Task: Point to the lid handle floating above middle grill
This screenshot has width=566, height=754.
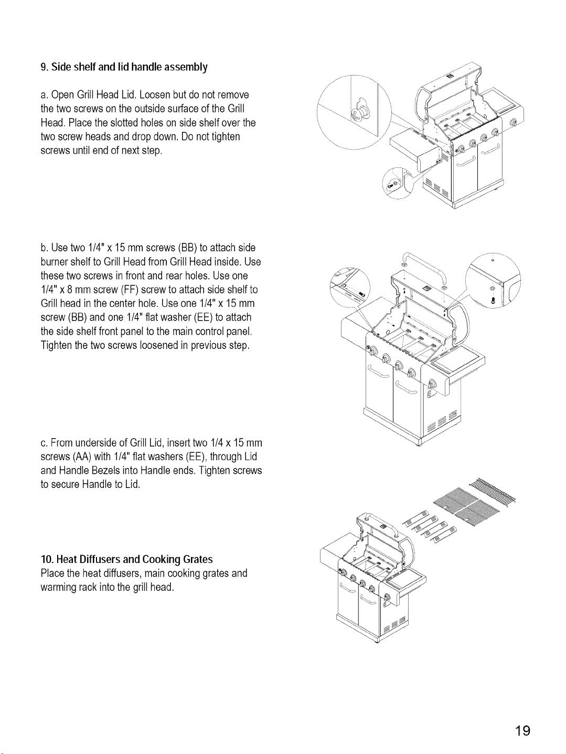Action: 424,267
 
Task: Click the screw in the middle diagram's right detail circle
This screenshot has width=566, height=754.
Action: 494,300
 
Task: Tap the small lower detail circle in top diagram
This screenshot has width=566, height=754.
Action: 398,183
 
